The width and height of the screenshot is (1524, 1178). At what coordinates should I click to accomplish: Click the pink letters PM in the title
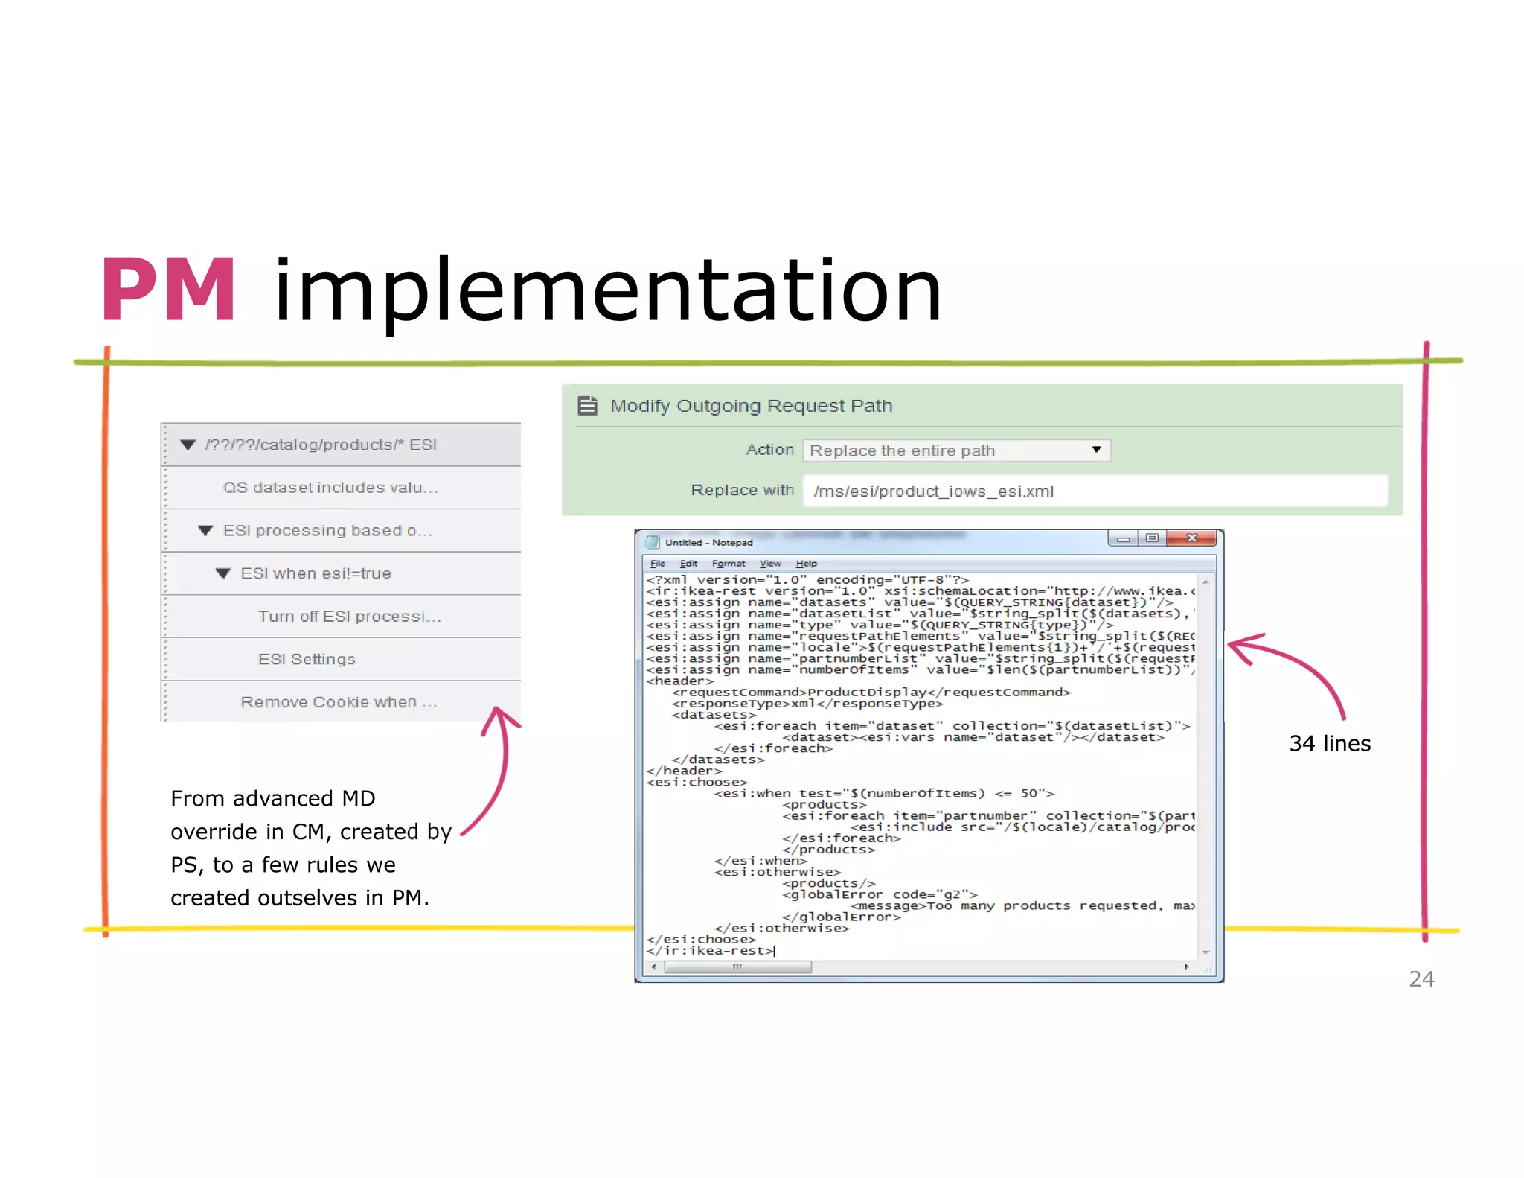168,290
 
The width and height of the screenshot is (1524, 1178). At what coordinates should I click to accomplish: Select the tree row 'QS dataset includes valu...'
330,488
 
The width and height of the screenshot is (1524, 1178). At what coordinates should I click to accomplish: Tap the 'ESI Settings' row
307,659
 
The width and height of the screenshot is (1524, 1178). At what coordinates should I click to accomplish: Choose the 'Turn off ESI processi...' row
349,617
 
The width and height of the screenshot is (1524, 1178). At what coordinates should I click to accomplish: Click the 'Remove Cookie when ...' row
339,702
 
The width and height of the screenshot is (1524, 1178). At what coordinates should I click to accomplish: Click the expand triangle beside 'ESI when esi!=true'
222,573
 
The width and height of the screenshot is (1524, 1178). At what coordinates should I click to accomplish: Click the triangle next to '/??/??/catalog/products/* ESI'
188,445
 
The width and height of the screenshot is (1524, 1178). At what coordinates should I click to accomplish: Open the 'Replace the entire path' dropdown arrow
1096,450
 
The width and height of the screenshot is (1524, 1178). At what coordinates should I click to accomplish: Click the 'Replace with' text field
1094,491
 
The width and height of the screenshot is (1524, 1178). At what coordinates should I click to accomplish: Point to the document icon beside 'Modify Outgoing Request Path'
588,406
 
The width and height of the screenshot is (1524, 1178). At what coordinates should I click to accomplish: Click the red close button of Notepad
1191,538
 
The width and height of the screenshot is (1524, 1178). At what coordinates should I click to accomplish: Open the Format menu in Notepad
728,564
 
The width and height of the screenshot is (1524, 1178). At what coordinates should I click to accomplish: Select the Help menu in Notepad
806,564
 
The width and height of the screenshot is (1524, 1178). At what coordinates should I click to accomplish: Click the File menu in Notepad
657,564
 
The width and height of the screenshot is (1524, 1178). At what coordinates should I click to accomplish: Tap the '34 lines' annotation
1330,743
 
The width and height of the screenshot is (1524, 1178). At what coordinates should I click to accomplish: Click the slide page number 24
1421,978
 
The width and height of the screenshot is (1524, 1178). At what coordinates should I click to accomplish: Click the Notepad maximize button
1152,538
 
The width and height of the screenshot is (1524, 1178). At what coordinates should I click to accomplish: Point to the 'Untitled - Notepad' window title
708,543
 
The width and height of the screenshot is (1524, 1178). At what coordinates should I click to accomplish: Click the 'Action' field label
770,450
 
